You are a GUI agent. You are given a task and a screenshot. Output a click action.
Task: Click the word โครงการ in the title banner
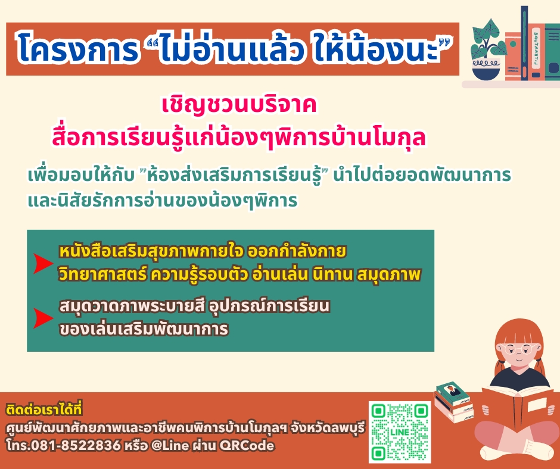[77, 48]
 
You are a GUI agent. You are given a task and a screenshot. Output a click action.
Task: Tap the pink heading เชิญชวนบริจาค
[239, 105]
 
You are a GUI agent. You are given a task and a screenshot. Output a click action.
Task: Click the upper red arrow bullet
[43, 264]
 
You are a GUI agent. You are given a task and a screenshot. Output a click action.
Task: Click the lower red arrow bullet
[43, 318]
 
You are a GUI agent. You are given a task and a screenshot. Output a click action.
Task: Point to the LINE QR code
[400, 432]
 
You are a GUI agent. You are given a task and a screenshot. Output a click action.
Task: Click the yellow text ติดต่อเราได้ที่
[44, 409]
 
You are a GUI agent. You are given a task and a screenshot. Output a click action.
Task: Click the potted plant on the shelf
[487, 50]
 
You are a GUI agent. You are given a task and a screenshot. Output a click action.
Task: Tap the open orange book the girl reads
[517, 407]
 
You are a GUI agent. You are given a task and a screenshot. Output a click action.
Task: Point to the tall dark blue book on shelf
[524, 43]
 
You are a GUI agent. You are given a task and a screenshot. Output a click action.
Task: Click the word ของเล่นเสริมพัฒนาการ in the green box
[144, 329]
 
